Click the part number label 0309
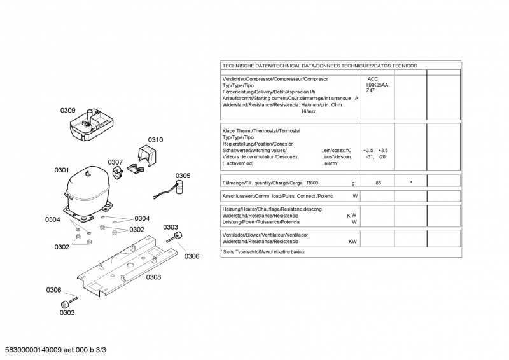[x=68, y=111]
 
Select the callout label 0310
[x=155, y=140]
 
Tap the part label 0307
[x=115, y=162]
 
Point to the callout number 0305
[x=183, y=176]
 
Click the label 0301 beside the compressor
[x=62, y=170]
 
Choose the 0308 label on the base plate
[x=153, y=277]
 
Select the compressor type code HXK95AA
[x=377, y=85]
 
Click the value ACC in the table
[x=372, y=78]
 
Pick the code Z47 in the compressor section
[x=370, y=91]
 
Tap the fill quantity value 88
[x=378, y=183]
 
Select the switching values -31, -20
[x=375, y=156]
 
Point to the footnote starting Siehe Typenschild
[x=263, y=251]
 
